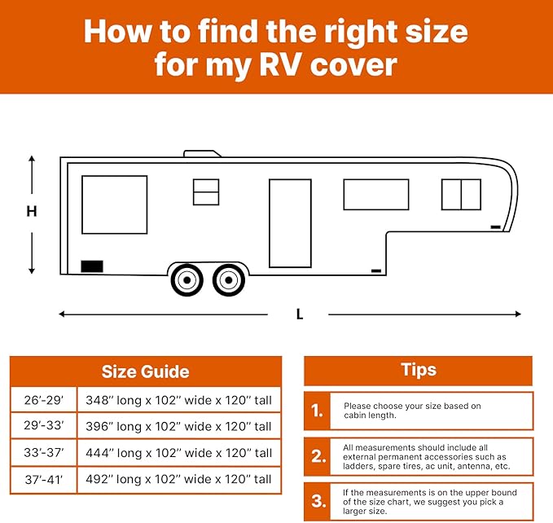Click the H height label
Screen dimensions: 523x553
(x=32, y=212)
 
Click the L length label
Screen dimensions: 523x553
(x=300, y=314)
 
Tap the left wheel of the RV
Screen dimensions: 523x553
(x=187, y=280)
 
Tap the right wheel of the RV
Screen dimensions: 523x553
(x=228, y=280)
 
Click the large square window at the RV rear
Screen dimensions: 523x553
(x=115, y=204)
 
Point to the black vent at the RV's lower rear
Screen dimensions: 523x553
(x=92, y=266)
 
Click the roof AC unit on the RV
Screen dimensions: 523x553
(x=204, y=153)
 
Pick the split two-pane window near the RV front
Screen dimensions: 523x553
(x=461, y=195)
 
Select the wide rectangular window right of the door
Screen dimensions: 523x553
(x=375, y=195)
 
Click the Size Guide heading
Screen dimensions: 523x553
(x=146, y=372)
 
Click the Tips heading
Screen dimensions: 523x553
(x=419, y=370)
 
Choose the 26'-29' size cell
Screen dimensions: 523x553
(x=44, y=401)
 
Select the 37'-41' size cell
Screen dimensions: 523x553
(x=44, y=479)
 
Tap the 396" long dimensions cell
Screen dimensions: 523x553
(x=179, y=427)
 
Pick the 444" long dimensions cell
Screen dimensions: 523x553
(x=179, y=453)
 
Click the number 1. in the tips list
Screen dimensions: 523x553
(x=317, y=411)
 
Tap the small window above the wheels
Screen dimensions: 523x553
(x=206, y=192)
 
